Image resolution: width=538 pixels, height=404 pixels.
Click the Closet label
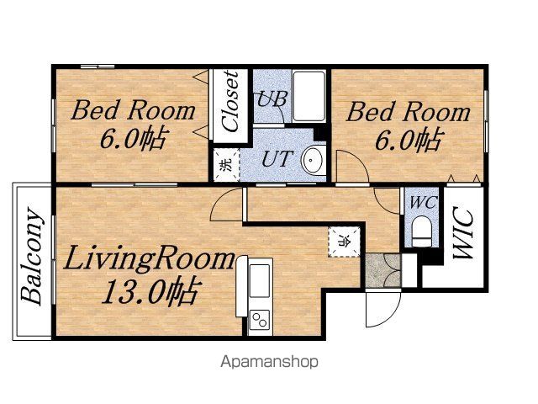tap(229, 101)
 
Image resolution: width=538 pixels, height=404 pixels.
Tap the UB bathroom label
tap(272, 98)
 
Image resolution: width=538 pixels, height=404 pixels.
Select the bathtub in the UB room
tap(309, 96)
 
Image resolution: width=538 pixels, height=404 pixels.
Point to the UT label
tap(277, 159)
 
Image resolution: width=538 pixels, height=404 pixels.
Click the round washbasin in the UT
tap(314, 160)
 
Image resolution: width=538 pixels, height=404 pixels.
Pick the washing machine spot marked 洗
tap(226, 165)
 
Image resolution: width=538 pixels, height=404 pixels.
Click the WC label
tap(424, 202)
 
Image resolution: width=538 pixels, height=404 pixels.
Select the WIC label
tap(463, 232)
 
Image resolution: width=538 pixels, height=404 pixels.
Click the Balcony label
tap(32, 256)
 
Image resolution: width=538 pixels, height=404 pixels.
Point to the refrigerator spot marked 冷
tap(344, 242)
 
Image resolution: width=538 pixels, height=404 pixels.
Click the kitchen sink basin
tap(260, 280)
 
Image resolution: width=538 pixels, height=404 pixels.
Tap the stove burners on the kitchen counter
tap(260, 320)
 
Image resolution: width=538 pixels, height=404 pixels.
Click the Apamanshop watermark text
tap(269, 362)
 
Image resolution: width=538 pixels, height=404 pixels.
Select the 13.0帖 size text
tap(150, 291)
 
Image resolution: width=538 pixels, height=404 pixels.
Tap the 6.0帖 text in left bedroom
tap(134, 138)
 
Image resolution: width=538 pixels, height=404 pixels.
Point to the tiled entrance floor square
tap(383, 270)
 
